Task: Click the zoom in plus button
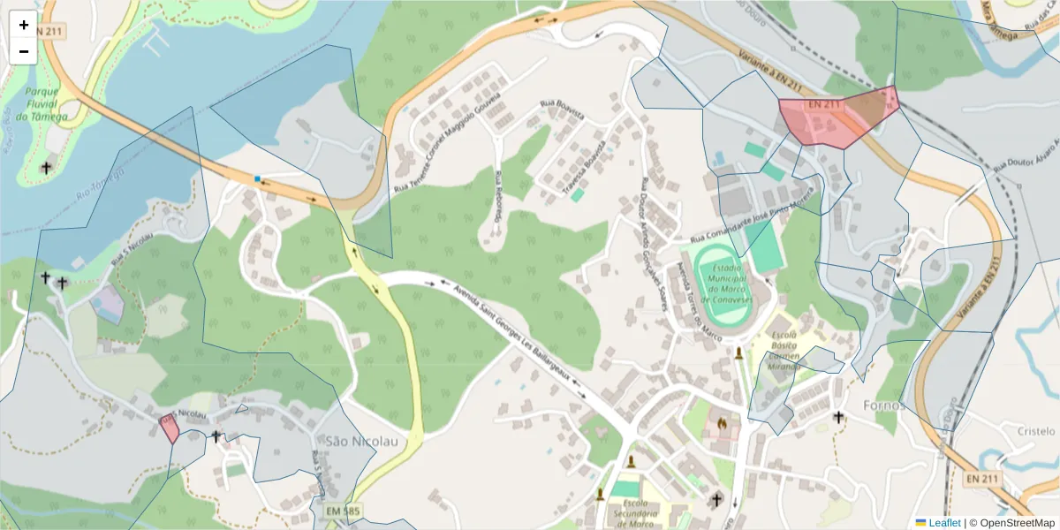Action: (x=24, y=25)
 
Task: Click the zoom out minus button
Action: (x=24, y=51)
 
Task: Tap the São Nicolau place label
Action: (x=361, y=441)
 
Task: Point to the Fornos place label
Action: (x=884, y=405)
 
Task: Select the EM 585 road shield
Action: (x=343, y=511)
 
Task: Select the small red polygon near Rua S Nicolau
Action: (x=169, y=428)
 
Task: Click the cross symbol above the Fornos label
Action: (x=838, y=416)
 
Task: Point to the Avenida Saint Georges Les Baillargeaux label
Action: (x=521, y=336)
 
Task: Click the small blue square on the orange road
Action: (x=257, y=178)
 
